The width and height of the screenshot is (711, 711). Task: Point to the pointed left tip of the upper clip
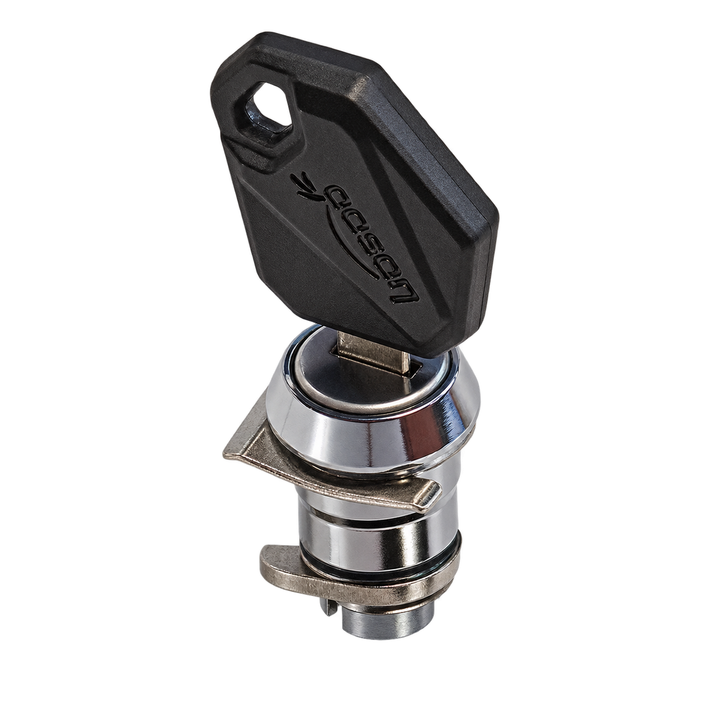click(226, 455)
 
